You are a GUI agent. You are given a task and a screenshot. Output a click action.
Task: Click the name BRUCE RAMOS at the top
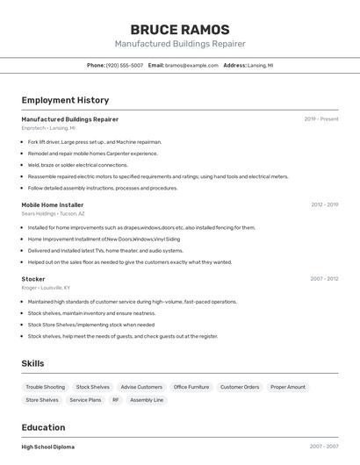179,30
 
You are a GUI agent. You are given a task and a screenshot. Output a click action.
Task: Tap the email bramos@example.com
191,65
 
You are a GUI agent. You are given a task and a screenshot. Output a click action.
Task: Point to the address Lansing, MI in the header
260,65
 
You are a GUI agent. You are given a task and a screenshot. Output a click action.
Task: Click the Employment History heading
65,100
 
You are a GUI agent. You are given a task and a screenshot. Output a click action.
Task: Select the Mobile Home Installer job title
53,204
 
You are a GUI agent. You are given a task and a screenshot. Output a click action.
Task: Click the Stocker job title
33,279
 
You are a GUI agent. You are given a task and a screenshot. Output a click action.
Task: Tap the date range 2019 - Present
321,119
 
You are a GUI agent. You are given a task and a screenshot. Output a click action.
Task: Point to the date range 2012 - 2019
324,204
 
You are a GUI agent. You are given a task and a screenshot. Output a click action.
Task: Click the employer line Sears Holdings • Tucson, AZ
53,213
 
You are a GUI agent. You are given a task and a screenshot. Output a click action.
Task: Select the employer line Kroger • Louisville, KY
46,288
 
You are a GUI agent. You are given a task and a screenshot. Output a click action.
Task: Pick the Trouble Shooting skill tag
45,387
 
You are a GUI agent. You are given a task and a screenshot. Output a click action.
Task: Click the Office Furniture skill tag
191,387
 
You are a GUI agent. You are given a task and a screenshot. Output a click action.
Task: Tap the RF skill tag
115,400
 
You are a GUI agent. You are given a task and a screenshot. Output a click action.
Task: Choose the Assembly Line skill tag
147,400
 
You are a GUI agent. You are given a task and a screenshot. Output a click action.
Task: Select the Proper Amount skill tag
288,387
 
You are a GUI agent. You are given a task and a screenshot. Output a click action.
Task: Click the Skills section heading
33,363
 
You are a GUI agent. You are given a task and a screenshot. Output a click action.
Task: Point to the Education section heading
44,428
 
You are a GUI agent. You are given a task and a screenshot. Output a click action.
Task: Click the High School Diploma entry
47,447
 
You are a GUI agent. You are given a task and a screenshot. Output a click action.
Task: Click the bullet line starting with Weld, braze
77,165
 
